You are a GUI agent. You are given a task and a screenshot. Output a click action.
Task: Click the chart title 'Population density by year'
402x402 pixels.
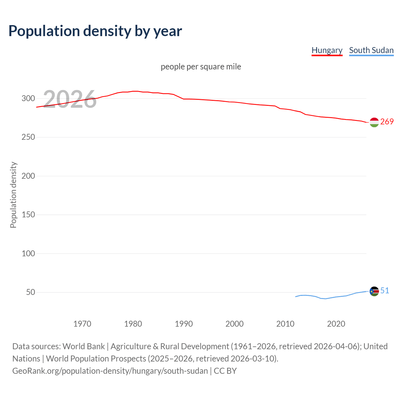95,31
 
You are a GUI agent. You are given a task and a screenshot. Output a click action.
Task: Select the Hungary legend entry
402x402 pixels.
327,50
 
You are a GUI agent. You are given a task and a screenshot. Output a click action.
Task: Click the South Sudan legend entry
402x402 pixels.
371,50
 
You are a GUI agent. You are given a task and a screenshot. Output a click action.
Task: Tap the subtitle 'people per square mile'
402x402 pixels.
201,67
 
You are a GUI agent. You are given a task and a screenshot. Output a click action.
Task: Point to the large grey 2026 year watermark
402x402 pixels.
70,99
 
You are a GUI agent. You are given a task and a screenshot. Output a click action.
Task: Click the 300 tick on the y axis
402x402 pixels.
28,99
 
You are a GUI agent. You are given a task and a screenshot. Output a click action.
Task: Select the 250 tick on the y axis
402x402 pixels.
28,137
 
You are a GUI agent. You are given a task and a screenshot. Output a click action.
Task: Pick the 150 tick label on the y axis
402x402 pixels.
28,215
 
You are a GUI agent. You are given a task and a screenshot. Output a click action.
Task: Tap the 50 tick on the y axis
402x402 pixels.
30,292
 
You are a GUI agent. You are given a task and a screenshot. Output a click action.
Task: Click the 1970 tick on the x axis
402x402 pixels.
82,324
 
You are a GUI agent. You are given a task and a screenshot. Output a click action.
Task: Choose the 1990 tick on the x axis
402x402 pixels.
184,324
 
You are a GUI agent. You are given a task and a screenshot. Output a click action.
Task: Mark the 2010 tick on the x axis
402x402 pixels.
285,324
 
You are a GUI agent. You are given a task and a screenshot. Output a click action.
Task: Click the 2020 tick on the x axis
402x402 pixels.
336,324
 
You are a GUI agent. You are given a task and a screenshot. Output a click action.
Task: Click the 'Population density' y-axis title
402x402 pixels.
13,195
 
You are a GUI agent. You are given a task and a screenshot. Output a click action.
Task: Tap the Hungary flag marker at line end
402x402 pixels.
374,122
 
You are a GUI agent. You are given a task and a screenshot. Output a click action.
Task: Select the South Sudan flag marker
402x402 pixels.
374,291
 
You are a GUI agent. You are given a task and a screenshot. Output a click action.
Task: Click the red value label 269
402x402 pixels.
387,122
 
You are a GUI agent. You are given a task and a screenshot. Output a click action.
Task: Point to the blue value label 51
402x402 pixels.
385,291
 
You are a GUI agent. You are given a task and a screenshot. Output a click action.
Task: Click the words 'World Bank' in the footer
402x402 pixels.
84,346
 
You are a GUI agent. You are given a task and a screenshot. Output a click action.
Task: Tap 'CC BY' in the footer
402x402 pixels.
225,371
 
